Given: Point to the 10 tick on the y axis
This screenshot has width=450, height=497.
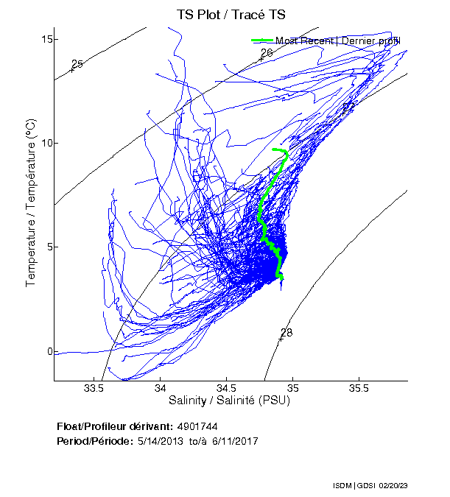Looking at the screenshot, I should coord(46,142).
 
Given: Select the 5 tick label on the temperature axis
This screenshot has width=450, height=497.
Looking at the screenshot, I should coord(48,247).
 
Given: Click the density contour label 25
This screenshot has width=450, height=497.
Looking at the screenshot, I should coord(77,64).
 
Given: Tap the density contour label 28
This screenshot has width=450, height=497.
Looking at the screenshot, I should coord(286,333).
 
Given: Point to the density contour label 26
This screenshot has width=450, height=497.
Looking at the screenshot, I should coord(267,53).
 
